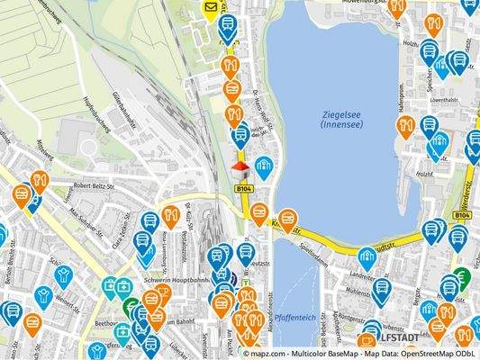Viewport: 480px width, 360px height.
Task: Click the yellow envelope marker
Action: [x=209, y=10]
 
